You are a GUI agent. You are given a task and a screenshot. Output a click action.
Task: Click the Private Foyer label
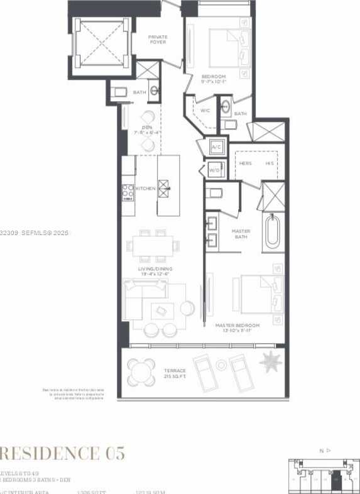(158, 39)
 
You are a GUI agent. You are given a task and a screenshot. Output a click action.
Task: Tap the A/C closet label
(216, 147)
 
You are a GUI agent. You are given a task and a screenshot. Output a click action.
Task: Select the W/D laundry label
(214, 170)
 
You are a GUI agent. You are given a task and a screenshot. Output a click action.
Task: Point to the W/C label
(205, 111)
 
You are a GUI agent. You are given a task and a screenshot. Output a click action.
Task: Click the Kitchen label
(145, 189)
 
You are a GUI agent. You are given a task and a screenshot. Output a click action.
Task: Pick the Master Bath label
(241, 234)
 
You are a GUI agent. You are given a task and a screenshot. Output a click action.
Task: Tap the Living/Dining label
(155, 271)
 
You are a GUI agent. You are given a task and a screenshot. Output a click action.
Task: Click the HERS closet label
(246, 163)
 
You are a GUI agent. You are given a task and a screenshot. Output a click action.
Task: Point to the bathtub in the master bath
(273, 233)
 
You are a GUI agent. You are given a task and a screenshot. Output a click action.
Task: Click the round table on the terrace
(141, 372)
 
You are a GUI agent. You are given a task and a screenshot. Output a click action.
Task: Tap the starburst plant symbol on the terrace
(271, 361)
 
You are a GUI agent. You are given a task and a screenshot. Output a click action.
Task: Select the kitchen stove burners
(128, 190)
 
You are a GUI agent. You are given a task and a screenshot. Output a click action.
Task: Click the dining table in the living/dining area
(155, 246)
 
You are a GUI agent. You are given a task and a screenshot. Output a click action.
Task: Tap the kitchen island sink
(163, 188)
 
